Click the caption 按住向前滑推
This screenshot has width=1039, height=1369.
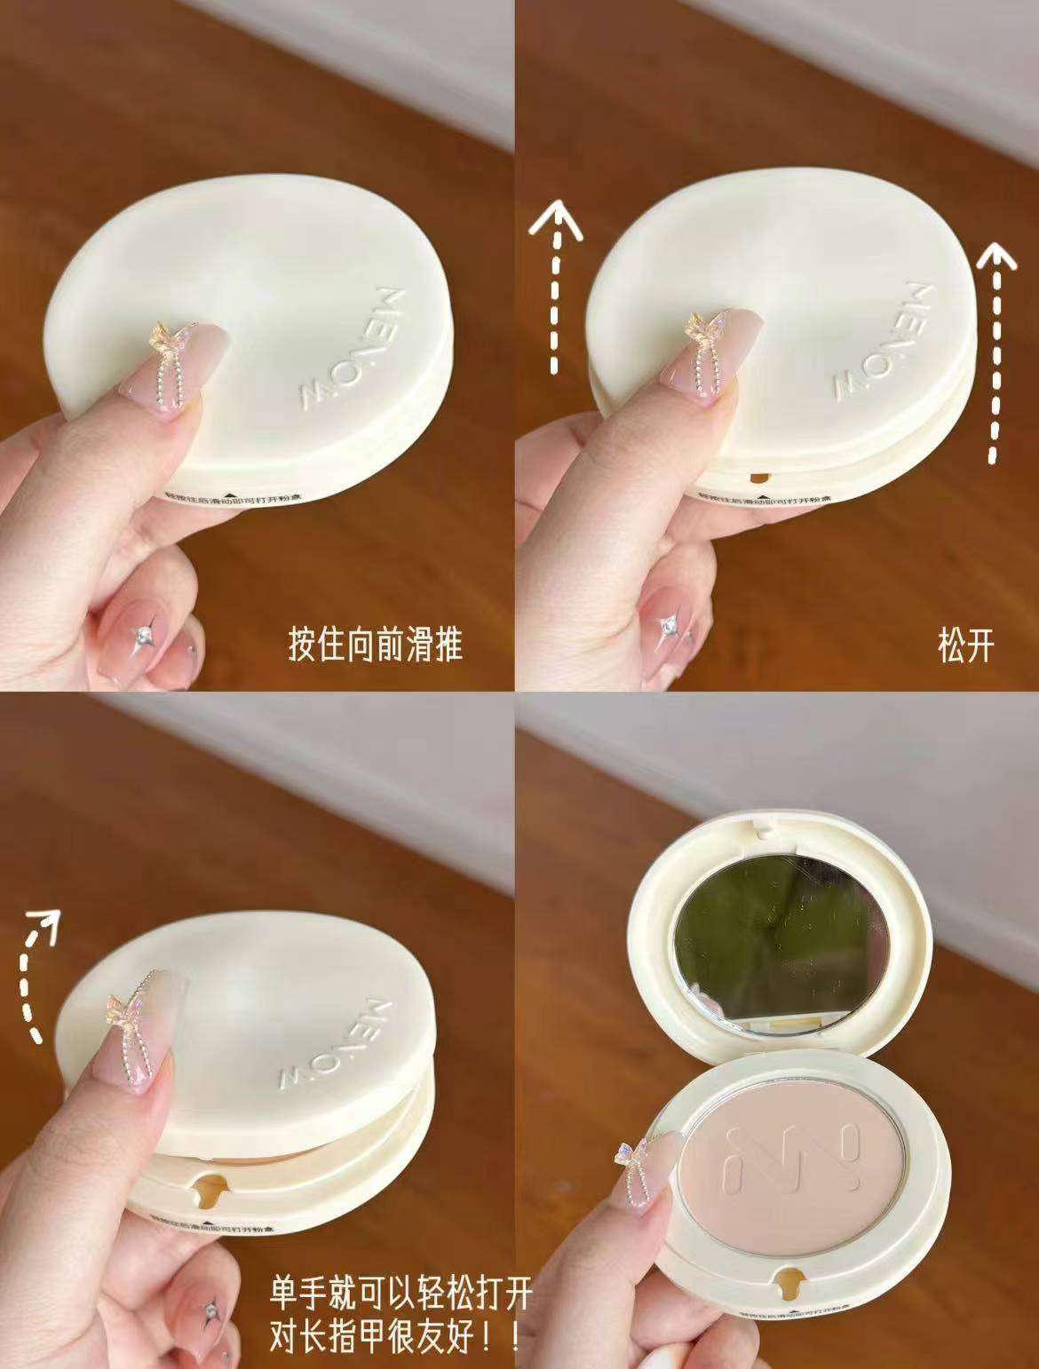376,644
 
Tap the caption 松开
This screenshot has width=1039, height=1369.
965,645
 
